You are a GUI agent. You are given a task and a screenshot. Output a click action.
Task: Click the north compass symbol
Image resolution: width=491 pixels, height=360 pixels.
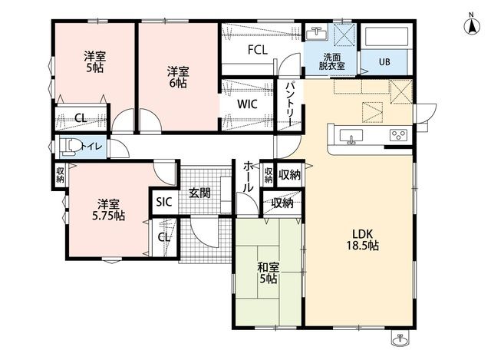(x=472, y=25)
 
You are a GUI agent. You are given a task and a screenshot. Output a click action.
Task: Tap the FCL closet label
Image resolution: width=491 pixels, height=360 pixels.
(x=258, y=50)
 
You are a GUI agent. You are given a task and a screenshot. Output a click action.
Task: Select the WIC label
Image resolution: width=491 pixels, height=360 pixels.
(x=247, y=104)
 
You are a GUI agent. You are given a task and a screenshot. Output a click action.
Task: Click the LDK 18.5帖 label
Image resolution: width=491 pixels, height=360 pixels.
(x=362, y=239)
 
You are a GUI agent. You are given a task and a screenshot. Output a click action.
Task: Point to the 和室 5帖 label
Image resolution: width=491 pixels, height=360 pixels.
(x=269, y=273)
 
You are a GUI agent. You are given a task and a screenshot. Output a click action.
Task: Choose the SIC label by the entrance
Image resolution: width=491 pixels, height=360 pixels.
(x=164, y=202)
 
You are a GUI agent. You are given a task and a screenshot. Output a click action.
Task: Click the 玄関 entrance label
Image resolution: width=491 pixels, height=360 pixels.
(x=199, y=193)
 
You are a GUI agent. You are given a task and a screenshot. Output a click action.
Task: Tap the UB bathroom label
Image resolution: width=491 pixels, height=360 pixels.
(x=384, y=62)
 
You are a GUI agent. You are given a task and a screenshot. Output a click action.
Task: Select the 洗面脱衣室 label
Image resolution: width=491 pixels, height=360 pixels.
(x=332, y=61)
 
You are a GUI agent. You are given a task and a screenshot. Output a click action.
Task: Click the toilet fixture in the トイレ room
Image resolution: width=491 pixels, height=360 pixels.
(x=70, y=147)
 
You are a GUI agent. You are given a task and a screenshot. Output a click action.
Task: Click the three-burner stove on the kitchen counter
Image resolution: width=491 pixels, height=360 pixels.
(x=399, y=135)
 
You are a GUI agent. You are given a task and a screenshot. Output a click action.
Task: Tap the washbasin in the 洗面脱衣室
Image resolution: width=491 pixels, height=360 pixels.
(x=317, y=33)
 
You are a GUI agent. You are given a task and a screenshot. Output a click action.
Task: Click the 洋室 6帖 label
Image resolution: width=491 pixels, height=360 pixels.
(x=177, y=78)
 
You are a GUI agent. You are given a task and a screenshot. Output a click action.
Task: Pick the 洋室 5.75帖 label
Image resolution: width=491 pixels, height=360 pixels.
(x=108, y=210)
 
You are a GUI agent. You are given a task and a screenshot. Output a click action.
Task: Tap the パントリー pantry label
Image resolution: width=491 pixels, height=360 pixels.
(x=291, y=104)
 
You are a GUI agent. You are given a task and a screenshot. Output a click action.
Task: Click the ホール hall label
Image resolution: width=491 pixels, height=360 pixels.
(x=249, y=177)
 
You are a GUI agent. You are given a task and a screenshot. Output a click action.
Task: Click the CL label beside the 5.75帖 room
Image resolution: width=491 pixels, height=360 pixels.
(x=164, y=237)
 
